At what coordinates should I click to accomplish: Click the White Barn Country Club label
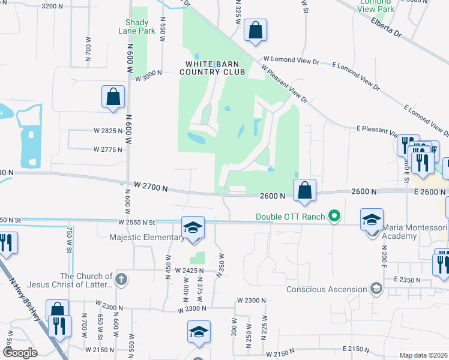[215, 68]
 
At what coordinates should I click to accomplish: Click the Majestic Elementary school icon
[193, 228]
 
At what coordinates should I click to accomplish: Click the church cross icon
[121, 279]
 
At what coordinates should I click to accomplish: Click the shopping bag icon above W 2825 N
[113, 97]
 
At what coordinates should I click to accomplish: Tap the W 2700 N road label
[150, 187]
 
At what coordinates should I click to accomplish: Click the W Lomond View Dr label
[291, 62]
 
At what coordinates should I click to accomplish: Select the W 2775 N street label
[108, 150]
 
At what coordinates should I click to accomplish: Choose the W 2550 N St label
[137, 223]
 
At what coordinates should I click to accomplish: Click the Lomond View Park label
[376, 5]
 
